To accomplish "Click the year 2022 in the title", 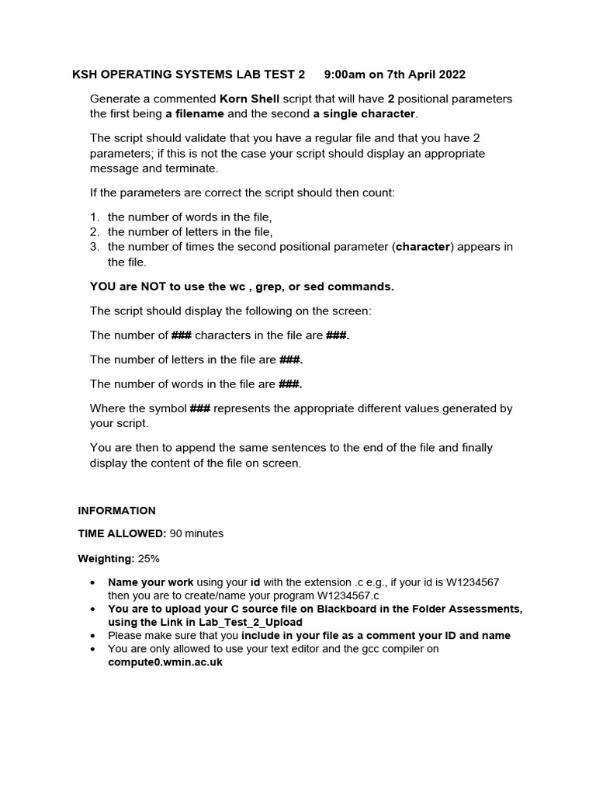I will click(x=451, y=75).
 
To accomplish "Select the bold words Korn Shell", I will click(x=249, y=99).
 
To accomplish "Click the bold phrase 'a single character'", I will click(x=365, y=114).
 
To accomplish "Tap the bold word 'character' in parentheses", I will click(x=423, y=247).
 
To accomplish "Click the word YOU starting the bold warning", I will click(x=102, y=286).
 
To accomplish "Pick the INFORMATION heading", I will click(x=116, y=510).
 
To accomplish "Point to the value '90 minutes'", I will click(x=197, y=534).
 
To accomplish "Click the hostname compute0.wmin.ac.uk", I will click(x=165, y=662).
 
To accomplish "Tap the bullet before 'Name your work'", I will click(x=93, y=582).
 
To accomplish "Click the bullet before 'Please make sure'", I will click(x=93, y=636).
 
